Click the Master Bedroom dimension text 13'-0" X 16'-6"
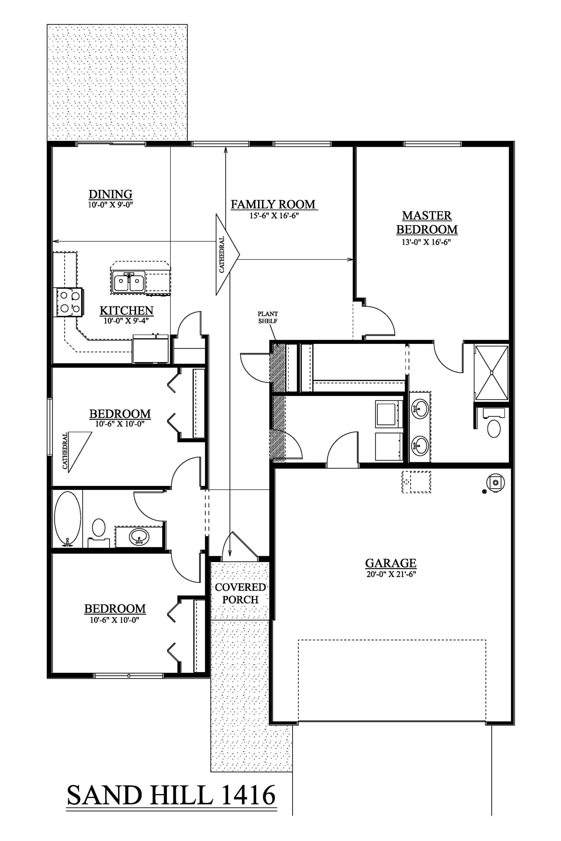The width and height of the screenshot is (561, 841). tap(427, 242)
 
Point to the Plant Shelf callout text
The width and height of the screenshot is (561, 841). tap(268, 317)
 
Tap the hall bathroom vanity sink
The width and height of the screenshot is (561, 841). tap(139, 536)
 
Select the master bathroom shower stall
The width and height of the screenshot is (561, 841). tap(491, 372)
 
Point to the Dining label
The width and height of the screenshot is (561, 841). tap(110, 194)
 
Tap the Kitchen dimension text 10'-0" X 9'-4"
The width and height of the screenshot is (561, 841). tap(126, 321)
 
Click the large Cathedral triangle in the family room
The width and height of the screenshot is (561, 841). tap(227, 254)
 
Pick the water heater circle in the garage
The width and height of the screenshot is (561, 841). tap(496, 482)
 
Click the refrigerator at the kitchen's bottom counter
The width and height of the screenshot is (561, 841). tap(150, 349)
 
